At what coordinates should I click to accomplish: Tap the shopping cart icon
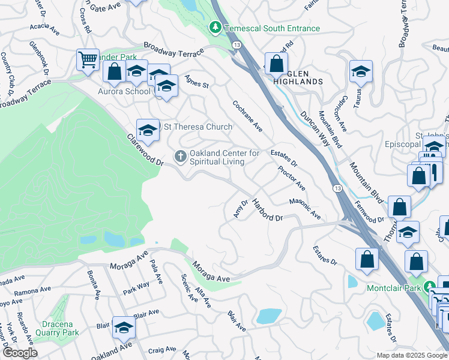tap(88, 60)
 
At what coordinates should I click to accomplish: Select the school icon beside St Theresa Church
tap(148, 129)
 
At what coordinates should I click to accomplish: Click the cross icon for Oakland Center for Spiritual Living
tap(180, 157)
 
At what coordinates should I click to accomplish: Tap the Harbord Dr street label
tap(267, 210)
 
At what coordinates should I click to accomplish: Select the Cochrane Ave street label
tap(248, 115)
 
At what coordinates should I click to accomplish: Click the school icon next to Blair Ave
tap(124, 328)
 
